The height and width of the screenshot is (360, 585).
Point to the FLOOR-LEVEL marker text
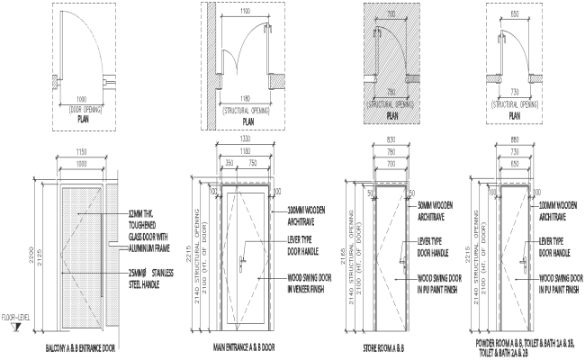click(x=15, y=317)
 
